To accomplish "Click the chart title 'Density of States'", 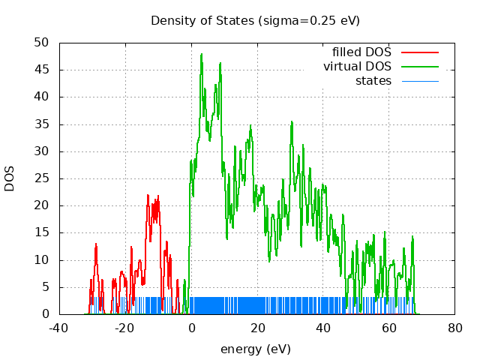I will coord(202,20).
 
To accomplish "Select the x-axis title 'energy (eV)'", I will coord(255,349).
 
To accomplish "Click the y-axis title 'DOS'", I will coord(10,178).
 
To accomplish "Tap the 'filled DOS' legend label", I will coord(361,52).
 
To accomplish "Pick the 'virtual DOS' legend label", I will coord(357,67).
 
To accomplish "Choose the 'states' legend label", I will coord(373,80).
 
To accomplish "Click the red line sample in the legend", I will coord(419,52).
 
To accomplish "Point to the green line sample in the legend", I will coord(419,67).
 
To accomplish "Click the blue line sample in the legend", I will coord(419,80).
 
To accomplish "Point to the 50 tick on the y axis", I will coord(43,43).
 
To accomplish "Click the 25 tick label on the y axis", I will coord(43,178).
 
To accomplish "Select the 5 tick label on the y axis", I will coord(46,287).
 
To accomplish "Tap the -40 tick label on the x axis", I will coord(59,328).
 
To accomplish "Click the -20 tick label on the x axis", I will coord(125,328).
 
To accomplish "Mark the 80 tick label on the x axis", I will coord(455,328).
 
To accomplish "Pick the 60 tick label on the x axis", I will coord(389,328).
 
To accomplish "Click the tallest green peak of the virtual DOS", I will coord(202,54).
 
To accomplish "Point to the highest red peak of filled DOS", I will coord(148,195).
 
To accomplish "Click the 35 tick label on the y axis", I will coord(43,124).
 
